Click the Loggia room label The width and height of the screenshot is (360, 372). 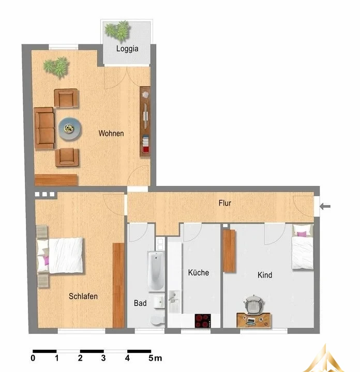pos(127,49)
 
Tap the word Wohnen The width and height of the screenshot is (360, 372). pos(111,133)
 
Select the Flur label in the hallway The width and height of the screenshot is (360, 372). pos(225,203)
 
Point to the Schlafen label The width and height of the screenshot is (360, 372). pos(83,297)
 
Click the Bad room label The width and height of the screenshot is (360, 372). pos(140,303)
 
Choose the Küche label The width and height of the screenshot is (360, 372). pos(199,272)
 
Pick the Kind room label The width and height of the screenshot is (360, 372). pos(265,275)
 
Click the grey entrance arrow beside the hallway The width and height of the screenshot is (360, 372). pos(325,206)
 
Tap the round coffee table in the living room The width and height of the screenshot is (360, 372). pos(70,129)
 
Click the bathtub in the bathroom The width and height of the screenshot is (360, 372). pos(156,271)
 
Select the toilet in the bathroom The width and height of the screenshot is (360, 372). pos(157,320)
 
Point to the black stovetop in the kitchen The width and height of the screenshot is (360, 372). pos(203,321)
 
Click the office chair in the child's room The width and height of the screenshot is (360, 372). pos(254,304)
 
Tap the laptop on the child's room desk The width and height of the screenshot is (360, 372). pos(251,321)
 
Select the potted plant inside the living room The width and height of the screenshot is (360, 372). pos(57,67)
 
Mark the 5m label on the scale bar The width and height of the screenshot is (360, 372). pos(155,358)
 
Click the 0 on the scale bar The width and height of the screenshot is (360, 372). pos(33,358)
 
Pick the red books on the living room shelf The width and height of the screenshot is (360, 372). pos(145,149)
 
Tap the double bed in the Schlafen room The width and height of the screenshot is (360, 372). pos(61,255)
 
